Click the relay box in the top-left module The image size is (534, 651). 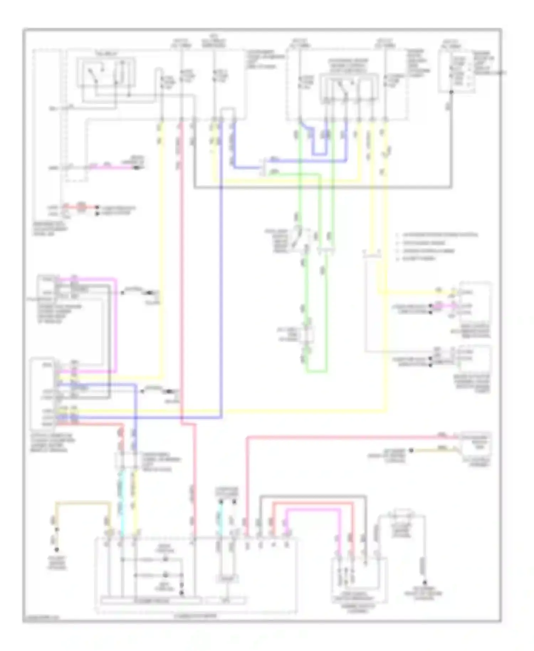pos(106,72)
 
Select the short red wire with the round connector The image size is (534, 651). pos(81,207)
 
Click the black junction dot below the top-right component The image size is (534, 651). pos(451,92)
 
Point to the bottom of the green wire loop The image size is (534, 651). pos(316,372)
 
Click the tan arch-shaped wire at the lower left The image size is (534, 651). pos(82,503)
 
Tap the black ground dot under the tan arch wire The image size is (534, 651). pos(56,550)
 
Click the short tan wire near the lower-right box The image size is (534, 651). pos(434,450)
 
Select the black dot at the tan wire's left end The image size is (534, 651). pos(411,451)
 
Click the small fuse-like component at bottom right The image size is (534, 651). pos(402,515)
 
